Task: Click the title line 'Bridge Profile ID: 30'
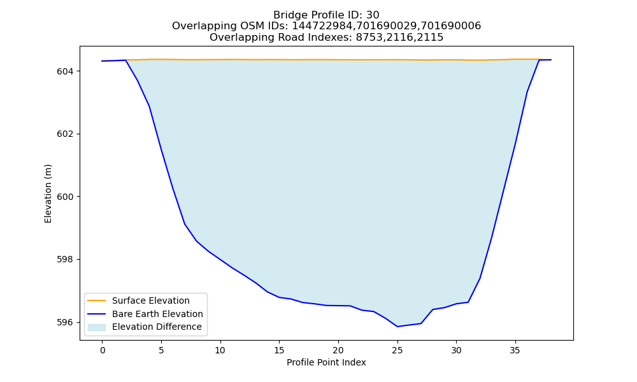[x=326, y=15]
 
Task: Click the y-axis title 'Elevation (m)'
[x=48, y=194]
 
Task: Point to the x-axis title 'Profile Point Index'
[x=326, y=362]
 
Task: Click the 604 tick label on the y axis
[x=65, y=71]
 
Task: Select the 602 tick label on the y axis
[x=65, y=134]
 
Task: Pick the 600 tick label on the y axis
[x=65, y=197]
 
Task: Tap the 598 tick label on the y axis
[x=65, y=259]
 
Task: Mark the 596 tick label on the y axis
[x=65, y=322]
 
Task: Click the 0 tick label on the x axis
[x=103, y=350]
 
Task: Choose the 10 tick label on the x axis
[x=220, y=350]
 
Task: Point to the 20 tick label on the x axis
[x=338, y=350]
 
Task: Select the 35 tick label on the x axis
[x=515, y=350]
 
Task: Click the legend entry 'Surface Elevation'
[x=151, y=301]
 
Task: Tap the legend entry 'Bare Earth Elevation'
[x=157, y=314]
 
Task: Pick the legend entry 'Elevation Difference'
[x=157, y=327]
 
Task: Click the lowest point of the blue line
[x=397, y=327]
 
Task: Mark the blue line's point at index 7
[x=185, y=224]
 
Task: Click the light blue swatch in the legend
[x=97, y=327]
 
